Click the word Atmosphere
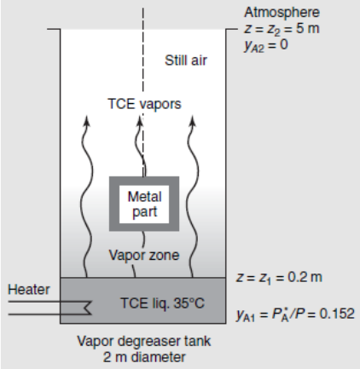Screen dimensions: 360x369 [282, 13]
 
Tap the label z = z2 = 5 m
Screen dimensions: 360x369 [282, 29]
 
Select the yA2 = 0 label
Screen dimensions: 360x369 [266, 45]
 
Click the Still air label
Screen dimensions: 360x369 [186, 61]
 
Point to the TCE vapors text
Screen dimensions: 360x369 [144, 104]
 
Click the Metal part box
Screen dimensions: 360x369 [144, 204]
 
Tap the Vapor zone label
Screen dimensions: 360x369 [144, 255]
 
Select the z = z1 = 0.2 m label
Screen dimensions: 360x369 [279, 277]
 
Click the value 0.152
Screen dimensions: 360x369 [337, 314]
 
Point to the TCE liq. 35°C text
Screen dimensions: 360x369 [162, 303]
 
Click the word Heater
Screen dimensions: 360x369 [29, 290]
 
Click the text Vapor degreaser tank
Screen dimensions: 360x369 [144, 341]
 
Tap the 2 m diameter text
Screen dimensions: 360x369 [144, 357]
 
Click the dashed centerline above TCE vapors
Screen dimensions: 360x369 [143, 52]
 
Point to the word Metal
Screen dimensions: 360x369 [144, 197]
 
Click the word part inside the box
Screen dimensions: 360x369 [145, 212]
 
